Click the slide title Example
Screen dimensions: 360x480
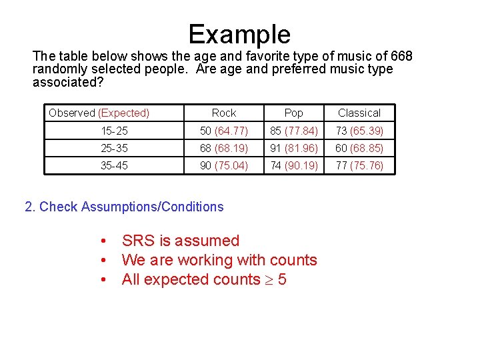tap(239, 34)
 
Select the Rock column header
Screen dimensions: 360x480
tap(224, 113)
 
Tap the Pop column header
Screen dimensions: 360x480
tap(293, 113)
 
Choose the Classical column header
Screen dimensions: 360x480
tap(359, 113)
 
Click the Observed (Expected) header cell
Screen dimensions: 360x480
tap(99, 113)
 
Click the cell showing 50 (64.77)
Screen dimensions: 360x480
tap(224, 131)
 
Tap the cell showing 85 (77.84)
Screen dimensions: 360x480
tap(293, 131)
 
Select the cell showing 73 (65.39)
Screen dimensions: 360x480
tap(359, 131)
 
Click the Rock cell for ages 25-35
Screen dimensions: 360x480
tap(224, 148)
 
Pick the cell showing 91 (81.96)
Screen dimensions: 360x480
tap(293, 148)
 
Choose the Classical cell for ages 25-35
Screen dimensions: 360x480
tap(359, 148)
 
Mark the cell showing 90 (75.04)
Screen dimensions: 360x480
tap(224, 165)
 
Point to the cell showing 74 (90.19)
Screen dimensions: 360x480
tap(293, 165)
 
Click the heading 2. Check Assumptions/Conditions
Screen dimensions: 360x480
tap(124, 207)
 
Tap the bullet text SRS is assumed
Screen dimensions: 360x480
tap(180, 241)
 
